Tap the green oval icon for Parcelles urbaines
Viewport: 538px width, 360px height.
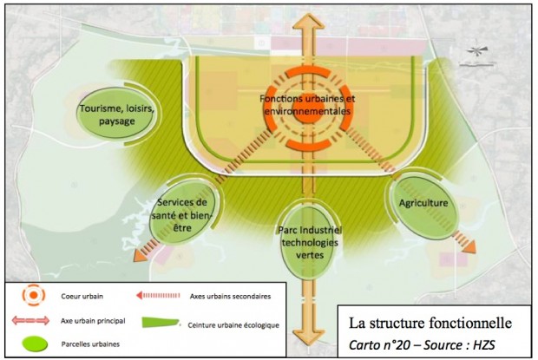click(x=32, y=343)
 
